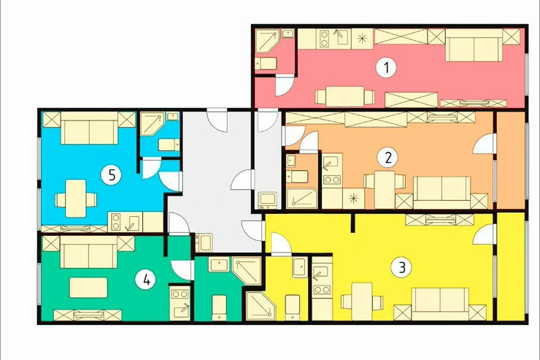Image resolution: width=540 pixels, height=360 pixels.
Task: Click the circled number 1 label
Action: coord(386,67)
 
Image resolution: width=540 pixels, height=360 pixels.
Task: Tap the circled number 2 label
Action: coord(387,158)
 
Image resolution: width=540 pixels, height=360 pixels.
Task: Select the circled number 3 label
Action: coord(402,268)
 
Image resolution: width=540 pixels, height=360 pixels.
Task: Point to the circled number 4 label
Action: coord(147,280)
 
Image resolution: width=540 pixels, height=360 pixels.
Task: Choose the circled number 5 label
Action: coord(111,175)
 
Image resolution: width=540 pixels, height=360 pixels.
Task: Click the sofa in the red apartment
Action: coord(474,45)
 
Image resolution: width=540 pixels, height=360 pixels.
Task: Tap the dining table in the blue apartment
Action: coord(76,199)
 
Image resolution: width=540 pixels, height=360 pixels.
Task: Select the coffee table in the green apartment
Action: coord(88,288)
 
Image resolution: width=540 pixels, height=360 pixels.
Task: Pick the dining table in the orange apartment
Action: coord(385,189)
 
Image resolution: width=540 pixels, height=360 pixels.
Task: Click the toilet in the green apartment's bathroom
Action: coord(219,307)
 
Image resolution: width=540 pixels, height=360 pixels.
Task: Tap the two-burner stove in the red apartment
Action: coord(324,39)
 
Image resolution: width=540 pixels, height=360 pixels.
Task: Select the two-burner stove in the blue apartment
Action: coord(116,222)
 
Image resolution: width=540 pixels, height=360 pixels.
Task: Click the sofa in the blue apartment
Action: coord(89,128)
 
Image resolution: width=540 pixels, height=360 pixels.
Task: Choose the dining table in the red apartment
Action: coord(344,96)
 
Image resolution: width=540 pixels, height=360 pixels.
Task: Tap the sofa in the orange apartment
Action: coord(441,193)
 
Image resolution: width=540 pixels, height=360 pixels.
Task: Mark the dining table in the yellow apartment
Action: coord(362,301)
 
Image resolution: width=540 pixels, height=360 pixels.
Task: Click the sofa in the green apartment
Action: coord(88,252)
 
